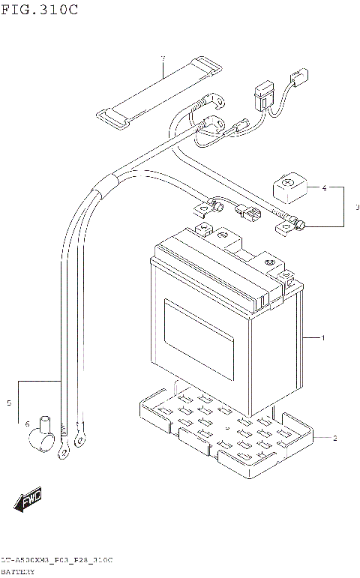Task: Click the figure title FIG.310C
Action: click(x=39, y=10)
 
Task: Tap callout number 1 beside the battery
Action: click(x=323, y=339)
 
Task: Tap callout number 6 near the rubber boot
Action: click(x=162, y=58)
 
